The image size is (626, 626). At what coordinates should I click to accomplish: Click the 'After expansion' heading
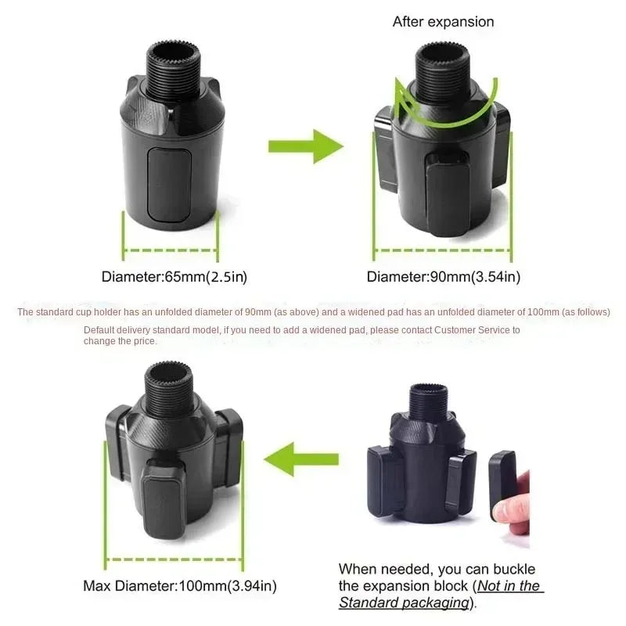(x=443, y=22)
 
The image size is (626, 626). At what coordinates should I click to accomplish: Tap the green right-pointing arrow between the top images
(x=306, y=146)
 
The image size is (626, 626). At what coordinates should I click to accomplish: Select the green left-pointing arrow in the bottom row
(x=301, y=459)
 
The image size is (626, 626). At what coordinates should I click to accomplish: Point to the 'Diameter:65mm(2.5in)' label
(x=174, y=277)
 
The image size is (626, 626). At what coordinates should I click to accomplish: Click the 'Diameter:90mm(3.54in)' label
(x=444, y=277)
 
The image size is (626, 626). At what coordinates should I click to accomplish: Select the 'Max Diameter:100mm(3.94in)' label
(x=180, y=586)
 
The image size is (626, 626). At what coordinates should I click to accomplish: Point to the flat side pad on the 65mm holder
(x=169, y=184)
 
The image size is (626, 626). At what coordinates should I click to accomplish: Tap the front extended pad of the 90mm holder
(x=447, y=196)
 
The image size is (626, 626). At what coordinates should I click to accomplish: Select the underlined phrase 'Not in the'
(x=509, y=586)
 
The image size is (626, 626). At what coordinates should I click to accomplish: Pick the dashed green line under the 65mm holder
(x=171, y=250)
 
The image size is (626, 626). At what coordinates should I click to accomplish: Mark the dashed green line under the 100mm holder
(x=174, y=559)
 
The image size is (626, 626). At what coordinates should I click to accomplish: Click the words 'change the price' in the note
(x=119, y=341)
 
